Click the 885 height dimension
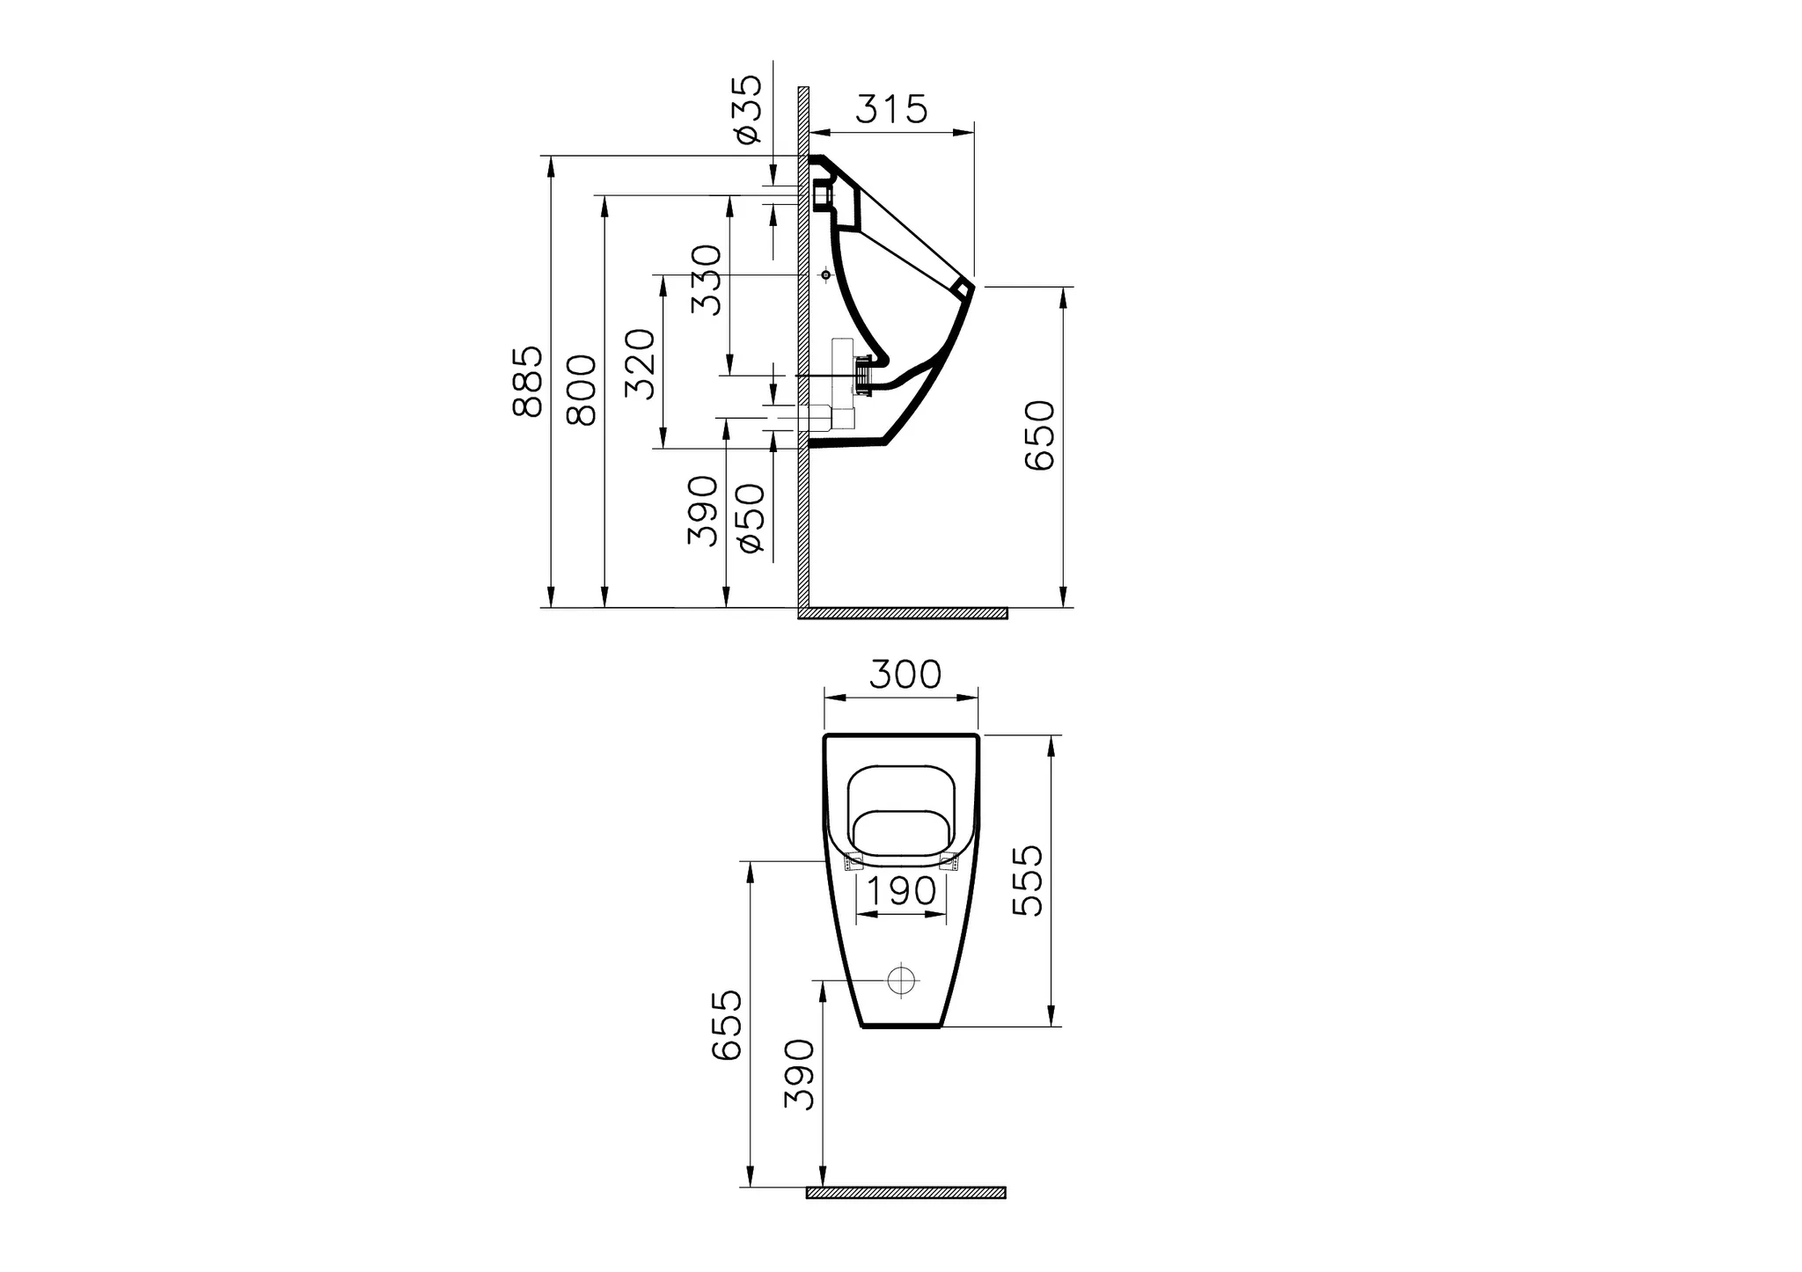(x=528, y=382)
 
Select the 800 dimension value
(x=582, y=391)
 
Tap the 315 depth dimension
(x=891, y=109)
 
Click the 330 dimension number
(x=706, y=280)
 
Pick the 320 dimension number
(x=641, y=363)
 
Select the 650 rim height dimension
(x=1040, y=435)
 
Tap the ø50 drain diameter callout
(x=752, y=518)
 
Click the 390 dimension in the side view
(x=702, y=511)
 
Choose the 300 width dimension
(x=905, y=675)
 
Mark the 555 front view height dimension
(x=1028, y=881)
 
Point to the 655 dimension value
(x=727, y=1026)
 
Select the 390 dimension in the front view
(x=799, y=1074)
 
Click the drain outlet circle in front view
(x=901, y=980)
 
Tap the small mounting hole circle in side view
(x=825, y=275)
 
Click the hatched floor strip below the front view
(x=905, y=1193)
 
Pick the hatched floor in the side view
(x=906, y=613)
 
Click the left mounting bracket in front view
(x=853, y=863)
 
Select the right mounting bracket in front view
(x=949, y=863)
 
